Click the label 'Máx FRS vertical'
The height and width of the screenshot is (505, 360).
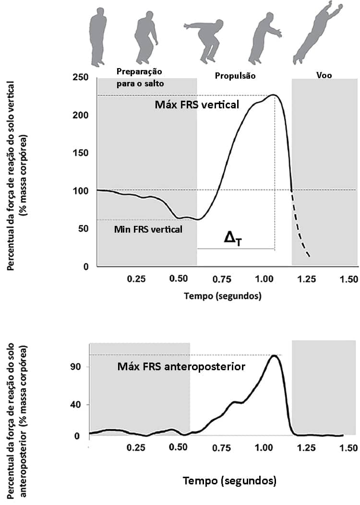pyautogui.click(x=196, y=105)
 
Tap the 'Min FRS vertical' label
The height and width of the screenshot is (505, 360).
pyautogui.click(x=148, y=229)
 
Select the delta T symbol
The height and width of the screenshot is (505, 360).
pyautogui.click(x=233, y=239)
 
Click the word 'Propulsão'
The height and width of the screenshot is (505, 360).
pyautogui.click(x=235, y=76)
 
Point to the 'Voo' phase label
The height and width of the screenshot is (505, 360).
pyautogui.click(x=324, y=75)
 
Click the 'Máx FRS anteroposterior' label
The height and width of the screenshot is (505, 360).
pyautogui.click(x=181, y=367)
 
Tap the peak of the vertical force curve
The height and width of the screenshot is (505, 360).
pyautogui.click(x=273, y=95)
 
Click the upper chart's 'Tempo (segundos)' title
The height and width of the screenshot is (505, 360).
pyautogui.click(x=223, y=296)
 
